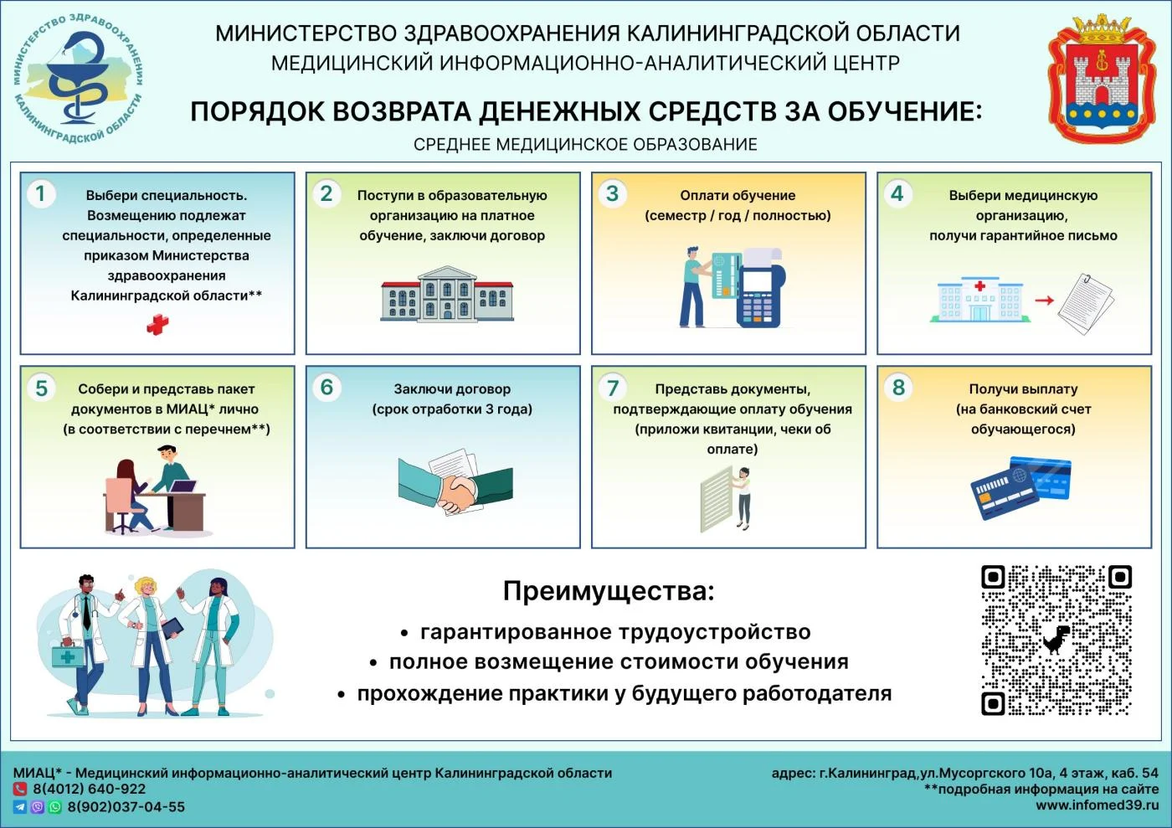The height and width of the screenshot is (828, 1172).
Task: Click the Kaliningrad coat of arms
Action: pos(1102,79)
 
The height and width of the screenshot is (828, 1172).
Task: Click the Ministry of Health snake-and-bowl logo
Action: pos(79,79)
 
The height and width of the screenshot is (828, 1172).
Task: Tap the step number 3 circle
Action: pos(612,193)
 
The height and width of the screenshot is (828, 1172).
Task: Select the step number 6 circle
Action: pos(327,388)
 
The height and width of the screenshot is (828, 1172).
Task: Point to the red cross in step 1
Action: pos(157,325)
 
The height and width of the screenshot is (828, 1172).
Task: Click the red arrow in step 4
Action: pos(1045,300)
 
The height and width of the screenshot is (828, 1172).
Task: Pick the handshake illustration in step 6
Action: pos(455,481)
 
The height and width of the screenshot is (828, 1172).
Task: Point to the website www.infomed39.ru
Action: pos(1097,805)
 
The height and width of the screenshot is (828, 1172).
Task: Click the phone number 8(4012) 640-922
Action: pos(90,789)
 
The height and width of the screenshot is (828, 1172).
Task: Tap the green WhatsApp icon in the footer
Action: pos(55,806)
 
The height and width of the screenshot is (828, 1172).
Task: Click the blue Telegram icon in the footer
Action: pos(19,806)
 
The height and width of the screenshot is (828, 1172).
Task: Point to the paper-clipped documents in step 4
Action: pos(1086,304)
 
